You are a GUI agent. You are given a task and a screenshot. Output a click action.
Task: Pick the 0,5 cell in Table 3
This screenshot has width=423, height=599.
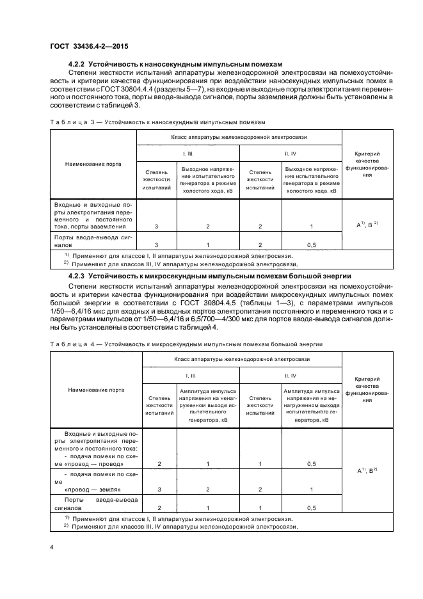pos(311,245)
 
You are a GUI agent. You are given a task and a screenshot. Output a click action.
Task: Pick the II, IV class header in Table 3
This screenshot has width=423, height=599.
pos(291,154)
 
